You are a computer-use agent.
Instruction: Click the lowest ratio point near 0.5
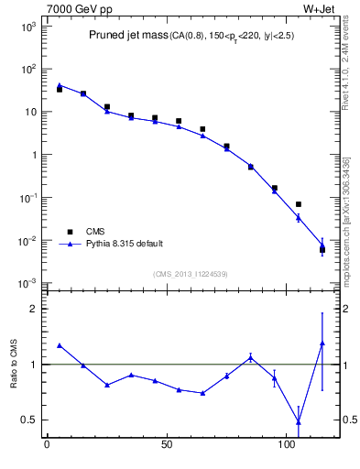pyautogui.click(x=299, y=421)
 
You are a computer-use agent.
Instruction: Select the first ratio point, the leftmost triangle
pyautogui.click(x=59, y=345)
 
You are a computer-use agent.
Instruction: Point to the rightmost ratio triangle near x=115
pyautogui.click(x=322, y=344)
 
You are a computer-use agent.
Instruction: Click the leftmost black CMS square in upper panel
pyautogui.click(x=59, y=89)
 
